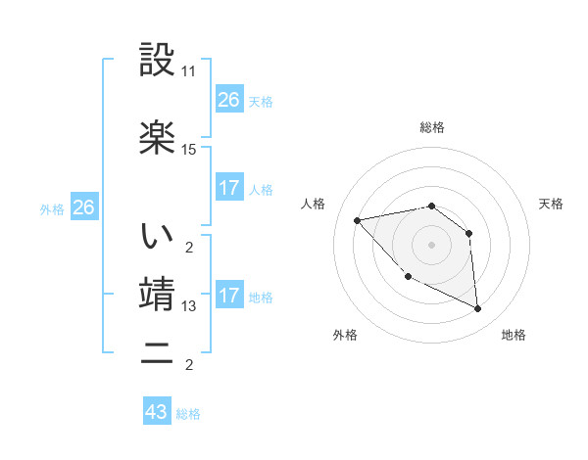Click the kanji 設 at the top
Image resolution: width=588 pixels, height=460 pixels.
pyautogui.click(x=157, y=60)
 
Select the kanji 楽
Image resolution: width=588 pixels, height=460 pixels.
pyautogui.click(x=157, y=136)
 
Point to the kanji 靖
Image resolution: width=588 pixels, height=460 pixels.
pyautogui.click(x=157, y=293)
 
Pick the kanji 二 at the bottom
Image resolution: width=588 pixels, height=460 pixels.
pyautogui.click(x=157, y=351)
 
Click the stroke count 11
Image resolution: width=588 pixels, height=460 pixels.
pyautogui.click(x=189, y=72)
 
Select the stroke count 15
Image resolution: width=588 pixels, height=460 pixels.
pyautogui.click(x=189, y=150)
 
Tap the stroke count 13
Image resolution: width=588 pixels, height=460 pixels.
pyautogui.click(x=189, y=306)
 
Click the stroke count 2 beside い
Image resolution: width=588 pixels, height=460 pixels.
pyautogui.click(x=189, y=246)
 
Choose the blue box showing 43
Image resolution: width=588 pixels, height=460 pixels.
pyautogui.click(x=157, y=412)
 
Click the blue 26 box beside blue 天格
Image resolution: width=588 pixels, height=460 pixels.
pyautogui.click(x=229, y=100)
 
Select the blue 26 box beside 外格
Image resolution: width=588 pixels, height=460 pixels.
pyautogui.click(x=84, y=207)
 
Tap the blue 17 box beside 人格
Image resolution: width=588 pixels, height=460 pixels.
pyautogui.click(x=229, y=188)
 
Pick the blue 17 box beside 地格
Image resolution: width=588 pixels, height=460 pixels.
pyautogui.click(x=229, y=296)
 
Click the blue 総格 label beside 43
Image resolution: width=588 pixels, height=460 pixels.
pyautogui.click(x=188, y=414)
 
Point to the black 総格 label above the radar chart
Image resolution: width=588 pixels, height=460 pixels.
pyautogui.click(x=431, y=127)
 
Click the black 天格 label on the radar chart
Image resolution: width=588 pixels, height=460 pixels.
pyautogui.click(x=551, y=204)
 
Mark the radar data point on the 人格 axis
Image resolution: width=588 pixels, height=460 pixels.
pyautogui.click(x=358, y=220)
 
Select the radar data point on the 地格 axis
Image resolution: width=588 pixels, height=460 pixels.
pyautogui.click(x=477, y=309)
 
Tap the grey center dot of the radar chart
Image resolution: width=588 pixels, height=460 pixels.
pyautogui.click(x=431, y=245)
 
